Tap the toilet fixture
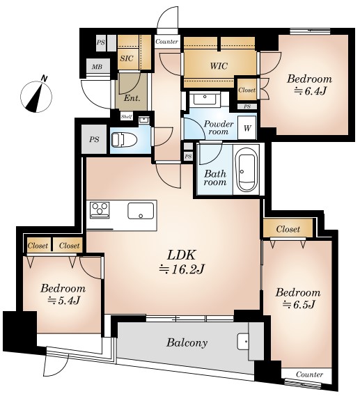[124, 140]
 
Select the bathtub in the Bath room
[247, 169]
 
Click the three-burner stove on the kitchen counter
[100, 210]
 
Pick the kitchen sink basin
[141, 210]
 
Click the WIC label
[219, 66]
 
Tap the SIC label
[127, 58]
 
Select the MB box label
[97, 67]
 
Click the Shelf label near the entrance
[127, 117]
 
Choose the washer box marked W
[247, 128]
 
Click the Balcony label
[187, 342]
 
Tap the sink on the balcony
[243, 342]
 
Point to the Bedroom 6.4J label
[310, 84]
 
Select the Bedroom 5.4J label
[63, 294]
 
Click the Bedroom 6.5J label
[298, 299]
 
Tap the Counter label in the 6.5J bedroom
[310, 374]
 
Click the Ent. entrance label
[132, 98]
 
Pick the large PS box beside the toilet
[94, 139]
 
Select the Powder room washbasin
[205, 99]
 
